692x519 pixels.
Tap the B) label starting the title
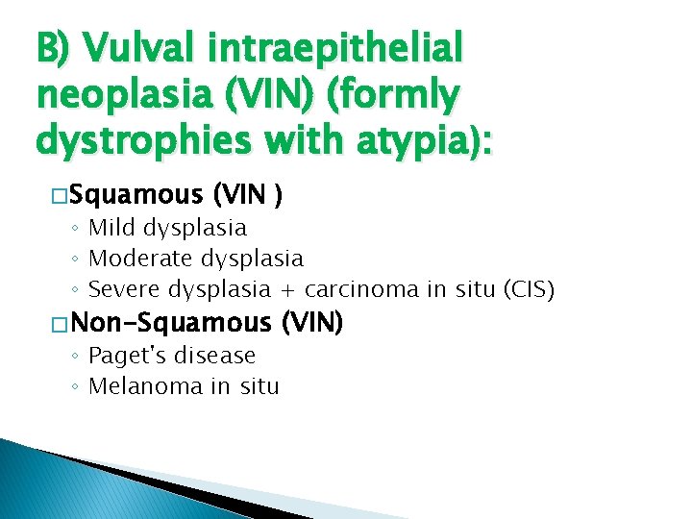point(53,47)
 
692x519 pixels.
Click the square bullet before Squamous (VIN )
point(61,197)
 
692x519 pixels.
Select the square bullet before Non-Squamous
point(61,324)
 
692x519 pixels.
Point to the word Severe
point(124,289)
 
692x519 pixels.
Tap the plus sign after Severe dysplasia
point(287,290)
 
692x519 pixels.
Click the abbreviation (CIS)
point(523,289)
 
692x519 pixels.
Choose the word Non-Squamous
point(172,323)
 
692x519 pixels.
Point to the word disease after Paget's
point(212,356)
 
